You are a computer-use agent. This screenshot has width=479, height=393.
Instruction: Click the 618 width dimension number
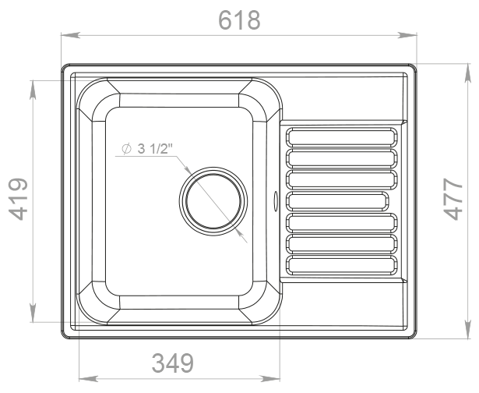tap(239, 20)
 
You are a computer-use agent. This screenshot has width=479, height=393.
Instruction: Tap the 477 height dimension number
tap(453, 199)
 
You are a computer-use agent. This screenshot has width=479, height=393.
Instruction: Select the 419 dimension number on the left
tap(18, 199)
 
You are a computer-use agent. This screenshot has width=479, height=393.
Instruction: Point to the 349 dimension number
tap(173, 363)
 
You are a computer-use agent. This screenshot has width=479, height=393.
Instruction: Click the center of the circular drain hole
tap(213, 201)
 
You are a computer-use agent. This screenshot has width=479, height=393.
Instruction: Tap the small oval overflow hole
tap(276, 201)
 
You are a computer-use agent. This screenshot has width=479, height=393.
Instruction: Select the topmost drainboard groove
tap(342, 137)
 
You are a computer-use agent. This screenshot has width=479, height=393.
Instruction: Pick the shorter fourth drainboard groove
tap(337, 201)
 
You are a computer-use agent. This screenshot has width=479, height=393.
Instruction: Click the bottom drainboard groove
tap(342, 265)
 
